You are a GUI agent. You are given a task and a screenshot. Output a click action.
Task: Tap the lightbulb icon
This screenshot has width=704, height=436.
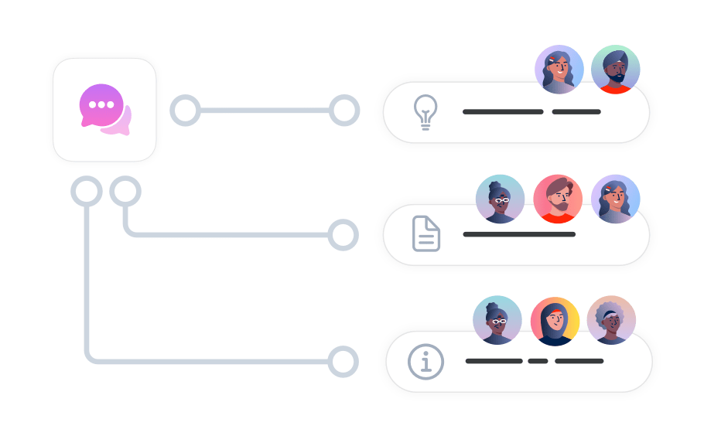pos(425,113)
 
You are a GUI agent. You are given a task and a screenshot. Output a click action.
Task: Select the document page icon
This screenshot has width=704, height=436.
pos(426,233)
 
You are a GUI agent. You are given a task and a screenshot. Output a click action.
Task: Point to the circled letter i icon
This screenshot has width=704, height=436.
pos(425,361)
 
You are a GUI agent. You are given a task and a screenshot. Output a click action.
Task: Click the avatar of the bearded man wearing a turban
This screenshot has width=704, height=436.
pos(616,70)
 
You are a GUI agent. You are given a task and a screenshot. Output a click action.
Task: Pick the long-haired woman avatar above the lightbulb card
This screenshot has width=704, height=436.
pos(559,70)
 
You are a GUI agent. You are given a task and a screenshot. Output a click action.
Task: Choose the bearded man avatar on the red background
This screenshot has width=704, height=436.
pos(558,199)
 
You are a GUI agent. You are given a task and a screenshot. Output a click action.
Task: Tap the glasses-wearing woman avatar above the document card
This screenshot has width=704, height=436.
pos(500,199)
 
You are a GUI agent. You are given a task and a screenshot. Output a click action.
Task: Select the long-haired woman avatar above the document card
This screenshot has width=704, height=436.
pos(616,199)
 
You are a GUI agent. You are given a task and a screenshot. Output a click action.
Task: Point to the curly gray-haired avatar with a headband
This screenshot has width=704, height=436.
pos(611,319)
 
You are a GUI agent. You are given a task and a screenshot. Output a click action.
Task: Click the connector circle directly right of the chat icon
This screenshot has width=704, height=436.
pos(185,111)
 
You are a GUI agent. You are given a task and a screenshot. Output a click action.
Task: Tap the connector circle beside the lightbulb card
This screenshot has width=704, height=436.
pos(344,111)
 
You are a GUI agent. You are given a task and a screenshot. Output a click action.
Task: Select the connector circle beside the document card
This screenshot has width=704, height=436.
pos(343,234)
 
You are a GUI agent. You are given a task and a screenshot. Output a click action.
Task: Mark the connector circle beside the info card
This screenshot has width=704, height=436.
pos(343,361)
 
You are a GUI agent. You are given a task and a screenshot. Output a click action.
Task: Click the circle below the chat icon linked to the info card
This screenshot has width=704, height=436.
pos(86,191)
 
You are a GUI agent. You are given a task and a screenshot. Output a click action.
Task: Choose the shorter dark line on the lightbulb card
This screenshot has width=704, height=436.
pos(576,112)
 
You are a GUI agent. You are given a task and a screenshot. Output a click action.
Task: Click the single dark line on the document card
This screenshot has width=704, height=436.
pos(519,233)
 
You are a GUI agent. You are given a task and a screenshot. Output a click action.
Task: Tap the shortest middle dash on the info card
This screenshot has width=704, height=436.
pos(538,361)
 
